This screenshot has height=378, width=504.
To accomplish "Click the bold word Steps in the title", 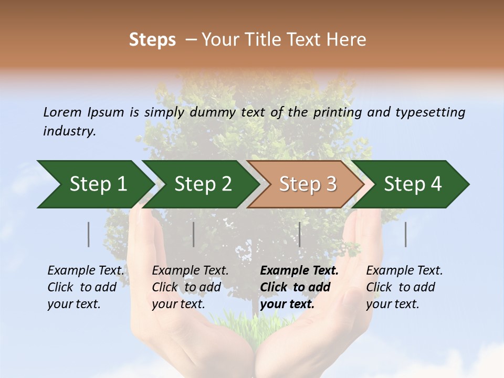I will point(152,40).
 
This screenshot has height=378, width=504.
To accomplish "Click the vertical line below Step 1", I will point(88,234).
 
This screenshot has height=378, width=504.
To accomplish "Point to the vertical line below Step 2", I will point(194,234).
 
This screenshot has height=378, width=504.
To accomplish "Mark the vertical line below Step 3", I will point(299,234).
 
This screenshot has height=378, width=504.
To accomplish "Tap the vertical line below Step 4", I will point(405,234).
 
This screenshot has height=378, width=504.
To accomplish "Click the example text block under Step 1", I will point(86,287).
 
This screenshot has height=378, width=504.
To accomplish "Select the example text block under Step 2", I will point(190,287).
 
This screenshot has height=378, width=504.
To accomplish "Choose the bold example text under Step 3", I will point(299,287).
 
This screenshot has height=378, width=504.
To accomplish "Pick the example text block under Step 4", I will point(404,287).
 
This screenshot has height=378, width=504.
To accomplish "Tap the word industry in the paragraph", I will point(69,131).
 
